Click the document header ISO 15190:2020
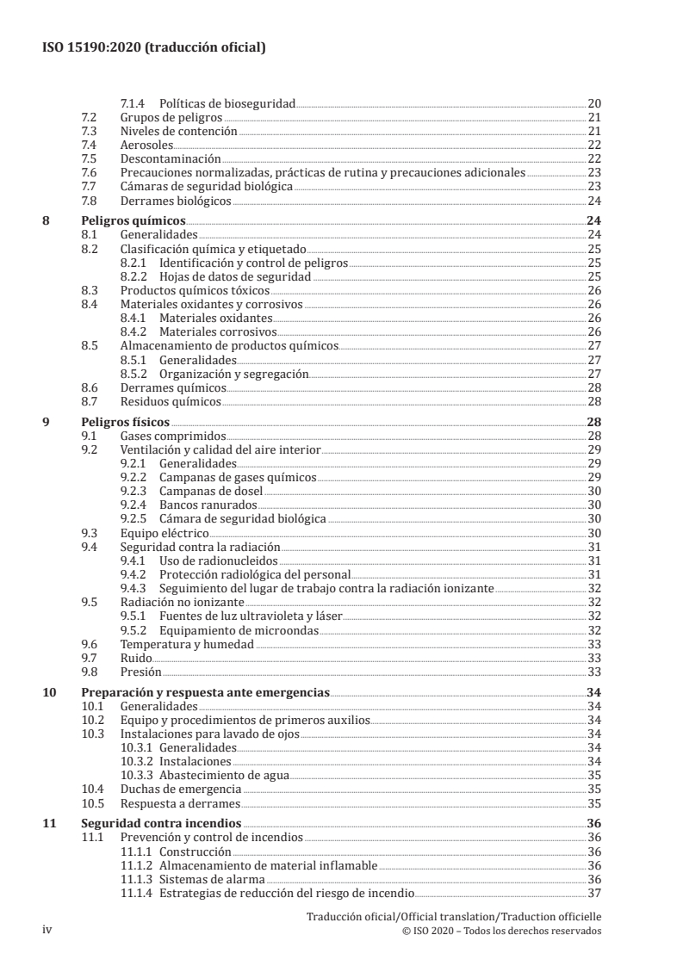(153, 48)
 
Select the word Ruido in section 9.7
(136, 658)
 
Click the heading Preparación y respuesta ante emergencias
(204, 692)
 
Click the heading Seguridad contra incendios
(160, 823)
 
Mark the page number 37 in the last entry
(593, 893)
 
